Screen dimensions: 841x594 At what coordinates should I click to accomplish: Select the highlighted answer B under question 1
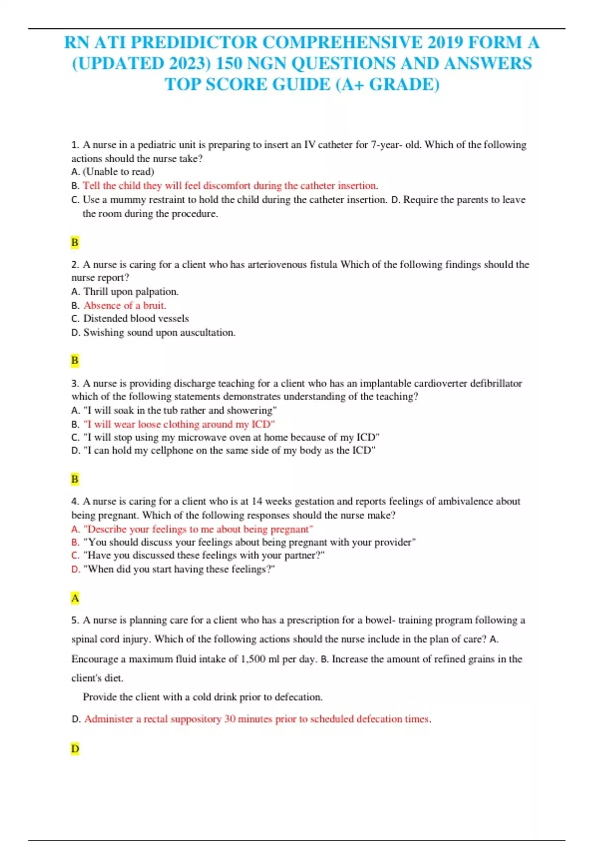(x=75, y=242)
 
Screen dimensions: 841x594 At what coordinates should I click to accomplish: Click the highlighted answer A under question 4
(x=75, y=598)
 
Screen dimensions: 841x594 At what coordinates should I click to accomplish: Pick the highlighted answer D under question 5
(x=75, y=748)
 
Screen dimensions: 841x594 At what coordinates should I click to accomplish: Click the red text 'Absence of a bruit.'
(x=125, y=305)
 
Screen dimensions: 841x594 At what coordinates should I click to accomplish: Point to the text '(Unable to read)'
(x=118, y=172)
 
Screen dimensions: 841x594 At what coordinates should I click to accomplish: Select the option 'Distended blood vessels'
(x=136, y=319)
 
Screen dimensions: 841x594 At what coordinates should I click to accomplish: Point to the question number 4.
(x=75, y=501)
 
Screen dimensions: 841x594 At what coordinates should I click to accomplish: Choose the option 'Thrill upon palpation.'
(x=131, y=291)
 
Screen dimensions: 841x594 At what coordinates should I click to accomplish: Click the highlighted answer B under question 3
(x=75, y=479)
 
